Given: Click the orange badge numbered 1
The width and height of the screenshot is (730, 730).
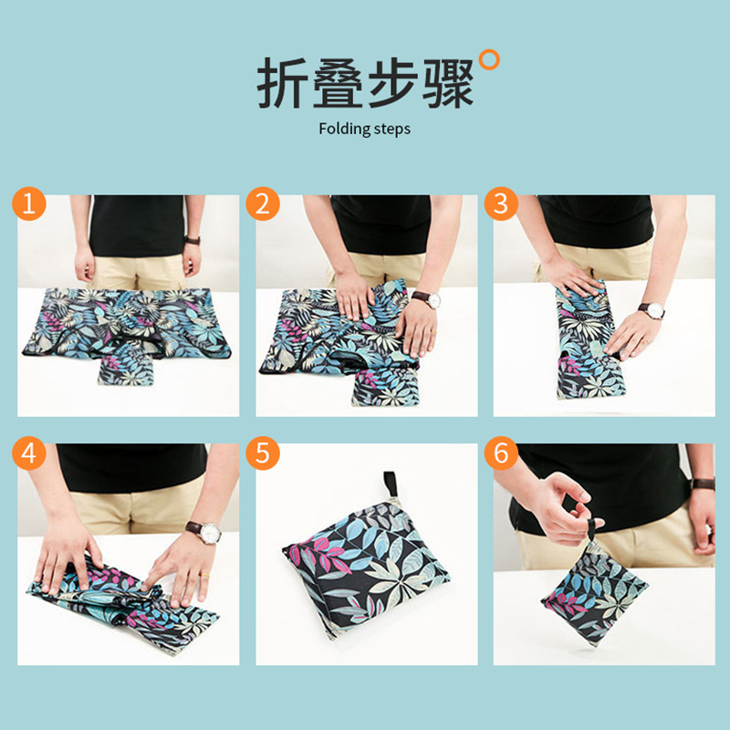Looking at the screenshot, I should coord(29,204).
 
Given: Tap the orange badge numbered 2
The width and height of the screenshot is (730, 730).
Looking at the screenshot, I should coord(264,204).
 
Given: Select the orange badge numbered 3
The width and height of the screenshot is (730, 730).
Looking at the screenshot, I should coord(500,204).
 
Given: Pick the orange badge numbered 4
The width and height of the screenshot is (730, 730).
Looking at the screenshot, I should coord(29,454).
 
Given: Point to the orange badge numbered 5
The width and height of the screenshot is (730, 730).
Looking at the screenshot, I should coord(264,454).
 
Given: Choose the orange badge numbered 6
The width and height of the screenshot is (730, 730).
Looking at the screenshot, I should coord(500,454).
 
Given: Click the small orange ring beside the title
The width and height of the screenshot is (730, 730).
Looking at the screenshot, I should coord(490,60).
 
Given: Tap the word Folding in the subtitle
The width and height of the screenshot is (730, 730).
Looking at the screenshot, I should coord(341,129).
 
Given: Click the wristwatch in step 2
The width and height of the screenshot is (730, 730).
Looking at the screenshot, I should coord(426,299).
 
